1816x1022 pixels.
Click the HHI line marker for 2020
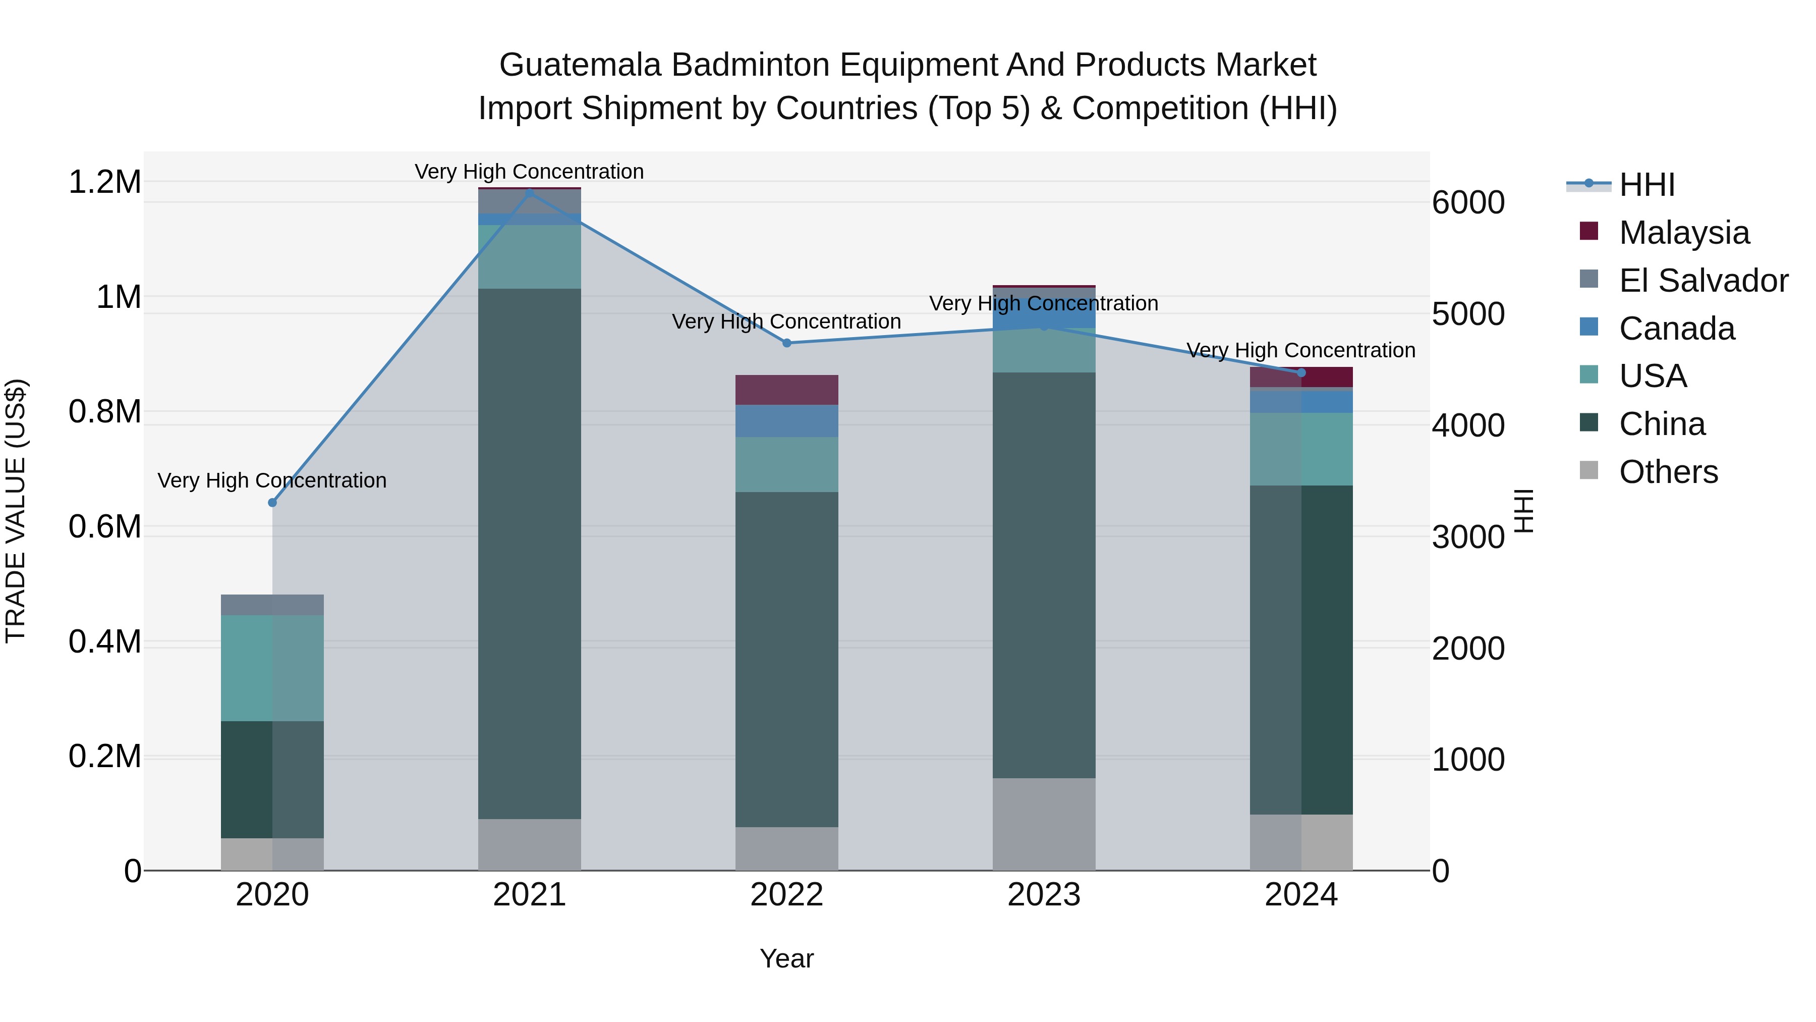pos(272,502)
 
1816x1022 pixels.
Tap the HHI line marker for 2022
pos(787,343)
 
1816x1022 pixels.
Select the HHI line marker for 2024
pos(1301,372)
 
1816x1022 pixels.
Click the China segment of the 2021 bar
pos(530,554)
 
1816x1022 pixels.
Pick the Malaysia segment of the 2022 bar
pos(787,390)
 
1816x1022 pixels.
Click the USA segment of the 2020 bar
pos(272,668)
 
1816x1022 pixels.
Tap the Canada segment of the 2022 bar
pos(787,421)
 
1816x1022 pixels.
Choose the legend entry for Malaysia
pos(1683,233)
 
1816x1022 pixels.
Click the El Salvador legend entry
pos(1702,281)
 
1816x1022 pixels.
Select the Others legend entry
pos(1668,472)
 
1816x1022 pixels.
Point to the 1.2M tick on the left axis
pos(104,182)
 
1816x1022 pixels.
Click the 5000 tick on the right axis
pos(1468,314)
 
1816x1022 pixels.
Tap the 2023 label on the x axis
pos(1044,895)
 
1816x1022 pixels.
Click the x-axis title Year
pos(787,958)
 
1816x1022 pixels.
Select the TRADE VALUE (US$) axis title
pos(16,511)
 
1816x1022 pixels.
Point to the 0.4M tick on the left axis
pos(104,642)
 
